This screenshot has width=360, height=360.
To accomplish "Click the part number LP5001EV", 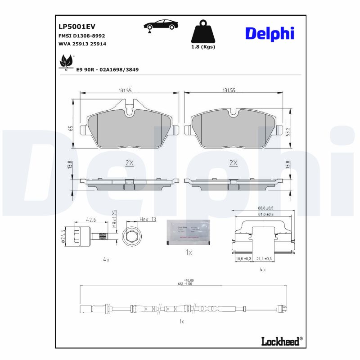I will tap(77, 27).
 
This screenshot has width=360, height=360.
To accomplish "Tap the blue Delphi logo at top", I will tap(270, 33).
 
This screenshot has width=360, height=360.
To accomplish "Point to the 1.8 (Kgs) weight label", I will tap(203, 47).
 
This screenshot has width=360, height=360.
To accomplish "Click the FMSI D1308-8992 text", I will tap(82, 36).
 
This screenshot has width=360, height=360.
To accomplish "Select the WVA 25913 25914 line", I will tap(82, 44).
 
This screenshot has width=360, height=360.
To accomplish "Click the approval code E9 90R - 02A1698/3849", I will tap(107, 70).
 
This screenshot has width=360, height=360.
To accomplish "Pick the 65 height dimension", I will tap(71, 128).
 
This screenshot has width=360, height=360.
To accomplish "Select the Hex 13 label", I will tap(147, 219).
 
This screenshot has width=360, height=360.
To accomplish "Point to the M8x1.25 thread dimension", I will tap(114, 218).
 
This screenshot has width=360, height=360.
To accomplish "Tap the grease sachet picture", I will tap(188, 233).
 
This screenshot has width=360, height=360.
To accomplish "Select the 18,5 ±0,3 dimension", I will tap(244, 259).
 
